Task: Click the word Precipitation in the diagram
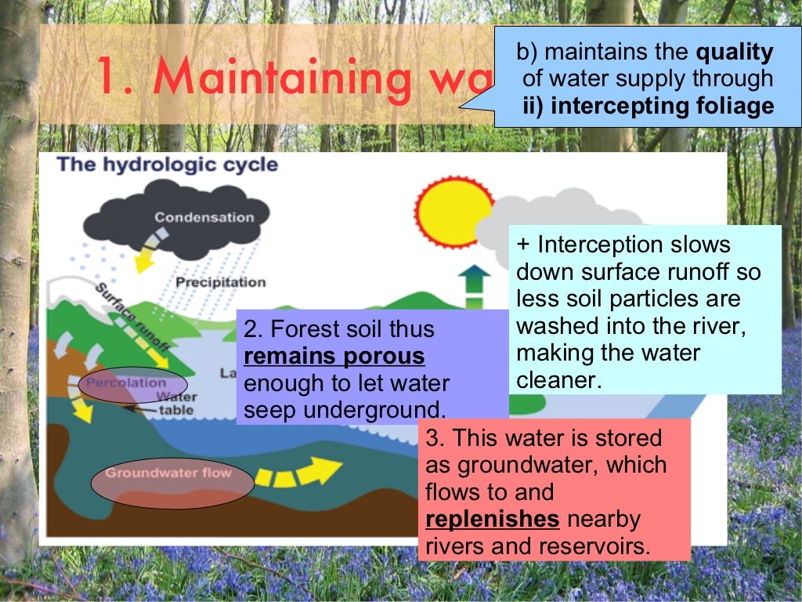pyautogui.click(x=221, y=282)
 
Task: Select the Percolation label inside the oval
pyautogui.click(x=126, y=383)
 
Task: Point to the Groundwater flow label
pyautogui.click(x=168, y=473)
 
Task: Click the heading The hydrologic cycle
pyautogui.click(x=168, y=165)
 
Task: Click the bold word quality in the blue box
pyautogui.click(x=735, y=53)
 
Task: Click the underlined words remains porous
pyautogui.click(x=334, y=357)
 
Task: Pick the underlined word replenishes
pyautogui.click(x=493, y=519)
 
